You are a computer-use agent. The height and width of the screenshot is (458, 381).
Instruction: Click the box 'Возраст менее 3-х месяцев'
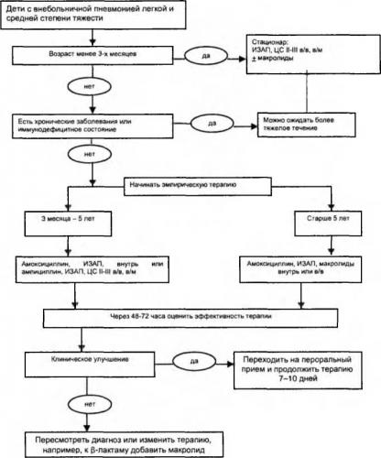click(x=93, y=55)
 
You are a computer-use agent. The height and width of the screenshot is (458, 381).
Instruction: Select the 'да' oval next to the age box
click(x=206, y=56)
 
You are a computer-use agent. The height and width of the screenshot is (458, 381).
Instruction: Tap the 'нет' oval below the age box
click(x=89, y=87)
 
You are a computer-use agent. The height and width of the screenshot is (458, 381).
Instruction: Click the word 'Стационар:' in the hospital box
click(x=270, y=42)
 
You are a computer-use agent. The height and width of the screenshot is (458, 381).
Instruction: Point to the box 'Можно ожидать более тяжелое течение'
click(x=307, y=125)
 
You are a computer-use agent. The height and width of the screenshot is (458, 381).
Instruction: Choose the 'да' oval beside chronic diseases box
click(x=212, y=124)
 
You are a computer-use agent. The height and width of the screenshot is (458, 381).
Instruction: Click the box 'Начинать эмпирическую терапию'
click(x=198, y=186)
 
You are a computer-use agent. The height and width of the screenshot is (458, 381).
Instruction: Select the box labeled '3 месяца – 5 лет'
click(x=68, y=224)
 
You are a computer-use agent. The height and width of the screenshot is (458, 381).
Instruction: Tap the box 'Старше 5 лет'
click(x=328, y=224)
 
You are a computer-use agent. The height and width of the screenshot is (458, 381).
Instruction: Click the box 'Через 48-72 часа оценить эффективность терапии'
click(x=190, y=318)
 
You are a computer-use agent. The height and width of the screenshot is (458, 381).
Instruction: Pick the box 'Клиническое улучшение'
click(x=90, y=365)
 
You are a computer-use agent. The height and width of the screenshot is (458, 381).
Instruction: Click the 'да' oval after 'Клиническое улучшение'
click(x=194, y=362)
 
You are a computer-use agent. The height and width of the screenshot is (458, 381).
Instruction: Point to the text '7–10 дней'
click(x=298, y=379)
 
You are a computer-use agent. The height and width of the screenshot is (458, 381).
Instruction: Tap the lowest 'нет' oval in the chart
click(x=90, y=405)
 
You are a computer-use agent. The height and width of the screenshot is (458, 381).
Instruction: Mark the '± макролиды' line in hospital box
click(x=273, y=58)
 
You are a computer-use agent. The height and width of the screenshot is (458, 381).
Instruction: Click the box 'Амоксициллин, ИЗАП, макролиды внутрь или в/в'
click(x=300, y=269)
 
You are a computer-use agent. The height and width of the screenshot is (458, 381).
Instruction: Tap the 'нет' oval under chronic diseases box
click(x=90, y=155)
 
